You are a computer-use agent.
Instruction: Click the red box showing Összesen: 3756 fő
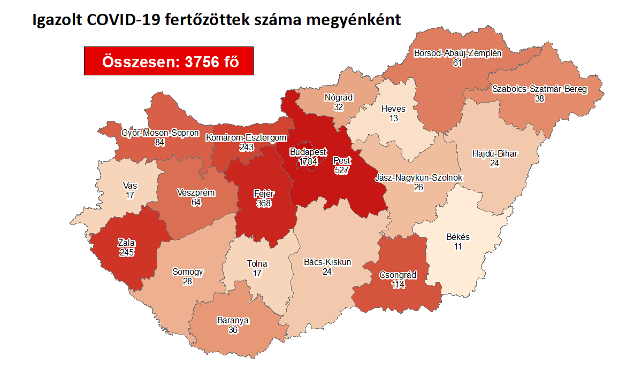click(169, 61)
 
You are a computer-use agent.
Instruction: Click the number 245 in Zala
click(127, 253)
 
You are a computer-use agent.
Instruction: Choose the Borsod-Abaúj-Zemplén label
click(457, 53)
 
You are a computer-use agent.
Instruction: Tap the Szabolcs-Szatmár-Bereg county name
click(539, 89)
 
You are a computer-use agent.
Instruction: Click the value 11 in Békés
click(457, 246)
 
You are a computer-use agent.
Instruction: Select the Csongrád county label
click(398, 275)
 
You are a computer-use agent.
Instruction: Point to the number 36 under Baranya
click(233, 330)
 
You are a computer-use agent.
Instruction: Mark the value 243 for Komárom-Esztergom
click(247, 147)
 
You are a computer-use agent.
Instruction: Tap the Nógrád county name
click(338, 98)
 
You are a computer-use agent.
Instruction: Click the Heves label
click(393, 109)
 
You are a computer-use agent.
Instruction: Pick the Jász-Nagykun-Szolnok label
click(418, 178)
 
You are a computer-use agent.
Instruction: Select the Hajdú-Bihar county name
click(495, 154)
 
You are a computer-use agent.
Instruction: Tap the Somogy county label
click(187, 272)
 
